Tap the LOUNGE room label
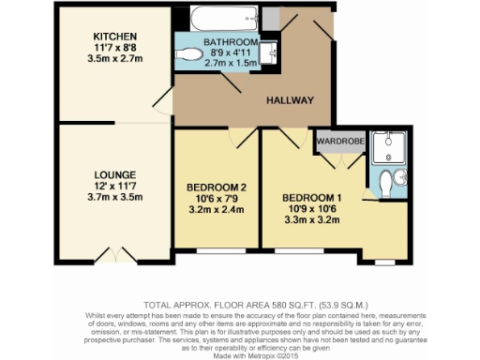click(x=115, y=174)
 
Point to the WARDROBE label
click(x=339, y=142)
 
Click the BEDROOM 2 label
click(x=216, y=186)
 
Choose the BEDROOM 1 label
click(x=309, y=198)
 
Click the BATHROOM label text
click(x=231, y=43)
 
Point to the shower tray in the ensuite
click(x=388, y=148)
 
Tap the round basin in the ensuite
click(x=401, y=179)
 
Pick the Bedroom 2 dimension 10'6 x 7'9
click(x=216, y=198)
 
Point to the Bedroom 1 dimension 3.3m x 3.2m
click(x=309, y=221)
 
